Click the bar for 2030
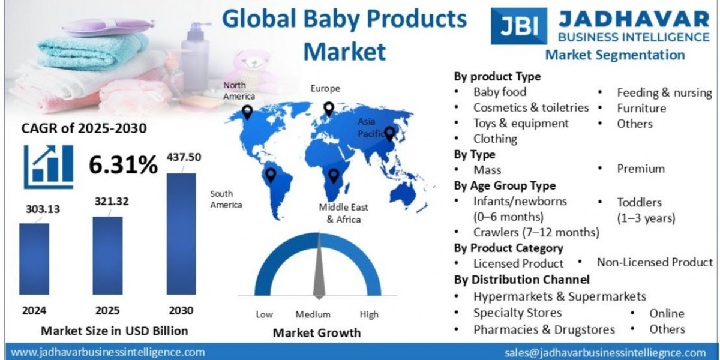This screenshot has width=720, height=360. tap(181, 234)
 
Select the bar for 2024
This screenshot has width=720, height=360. tap(34, 259)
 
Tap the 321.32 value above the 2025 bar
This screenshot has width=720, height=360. tap(112, 202)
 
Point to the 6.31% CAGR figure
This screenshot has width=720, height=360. tap(123, 164)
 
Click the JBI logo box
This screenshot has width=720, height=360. tap(518, 26)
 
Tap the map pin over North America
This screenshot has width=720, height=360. tap(247, 112)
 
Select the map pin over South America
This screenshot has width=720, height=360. tap(271, 175)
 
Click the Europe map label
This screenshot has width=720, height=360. tap(325, 88)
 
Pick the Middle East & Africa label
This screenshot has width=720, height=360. tap(344, 213)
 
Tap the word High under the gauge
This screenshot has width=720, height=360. tap(369, 314)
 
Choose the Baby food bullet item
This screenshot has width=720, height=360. tap(499, 92)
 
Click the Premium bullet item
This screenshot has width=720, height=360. tap(641, 169)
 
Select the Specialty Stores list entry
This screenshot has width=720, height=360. tap(517, 313)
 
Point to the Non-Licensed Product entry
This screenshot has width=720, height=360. tap(655, 262)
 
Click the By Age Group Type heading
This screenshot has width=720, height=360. tap(505, 185)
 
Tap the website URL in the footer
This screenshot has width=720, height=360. tap(108, 352)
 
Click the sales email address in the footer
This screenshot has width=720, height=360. tap(605, 352)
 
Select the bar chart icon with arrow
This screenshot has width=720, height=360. tap(49, 166)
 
